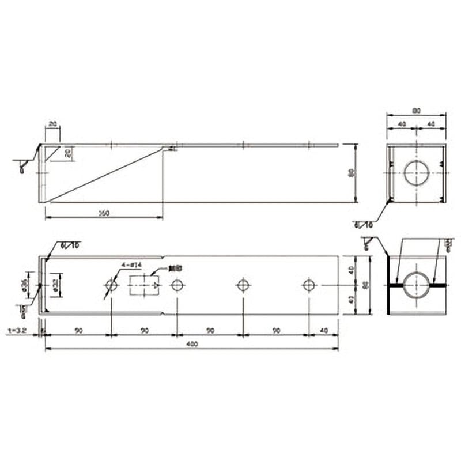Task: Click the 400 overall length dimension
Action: [192, 345]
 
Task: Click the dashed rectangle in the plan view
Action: [144, 285]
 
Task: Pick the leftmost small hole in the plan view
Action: [111, 285]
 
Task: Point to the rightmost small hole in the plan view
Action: [309, 285]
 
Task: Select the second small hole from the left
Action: [177, 285]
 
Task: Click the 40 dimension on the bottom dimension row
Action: [323, 331]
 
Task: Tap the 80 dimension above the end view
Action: [416, 109]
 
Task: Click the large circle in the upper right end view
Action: [416, 173]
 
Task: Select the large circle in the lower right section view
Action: [416, 285]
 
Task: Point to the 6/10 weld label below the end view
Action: [364, 224]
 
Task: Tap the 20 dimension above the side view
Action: [52, 124]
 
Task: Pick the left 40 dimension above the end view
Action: [402, 124]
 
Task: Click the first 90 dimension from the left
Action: [78, 331]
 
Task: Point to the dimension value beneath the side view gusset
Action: [104, 213]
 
